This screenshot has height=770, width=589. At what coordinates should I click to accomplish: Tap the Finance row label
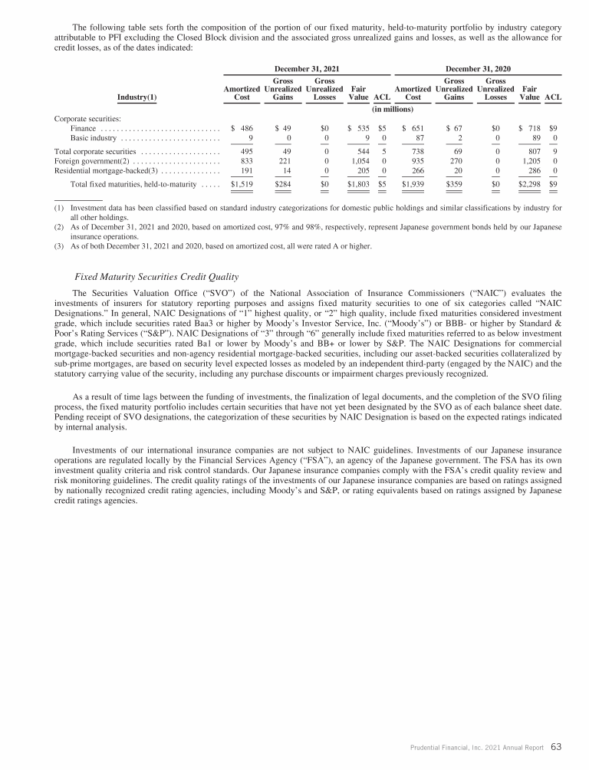[77, 129]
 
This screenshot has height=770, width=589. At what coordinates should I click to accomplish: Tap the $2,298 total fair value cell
[529, 185]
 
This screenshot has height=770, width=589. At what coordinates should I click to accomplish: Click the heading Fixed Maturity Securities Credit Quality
[156, 276]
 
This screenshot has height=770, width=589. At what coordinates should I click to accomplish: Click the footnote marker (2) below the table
[58, 227]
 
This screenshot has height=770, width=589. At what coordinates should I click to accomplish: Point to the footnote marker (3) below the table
[58, 246]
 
